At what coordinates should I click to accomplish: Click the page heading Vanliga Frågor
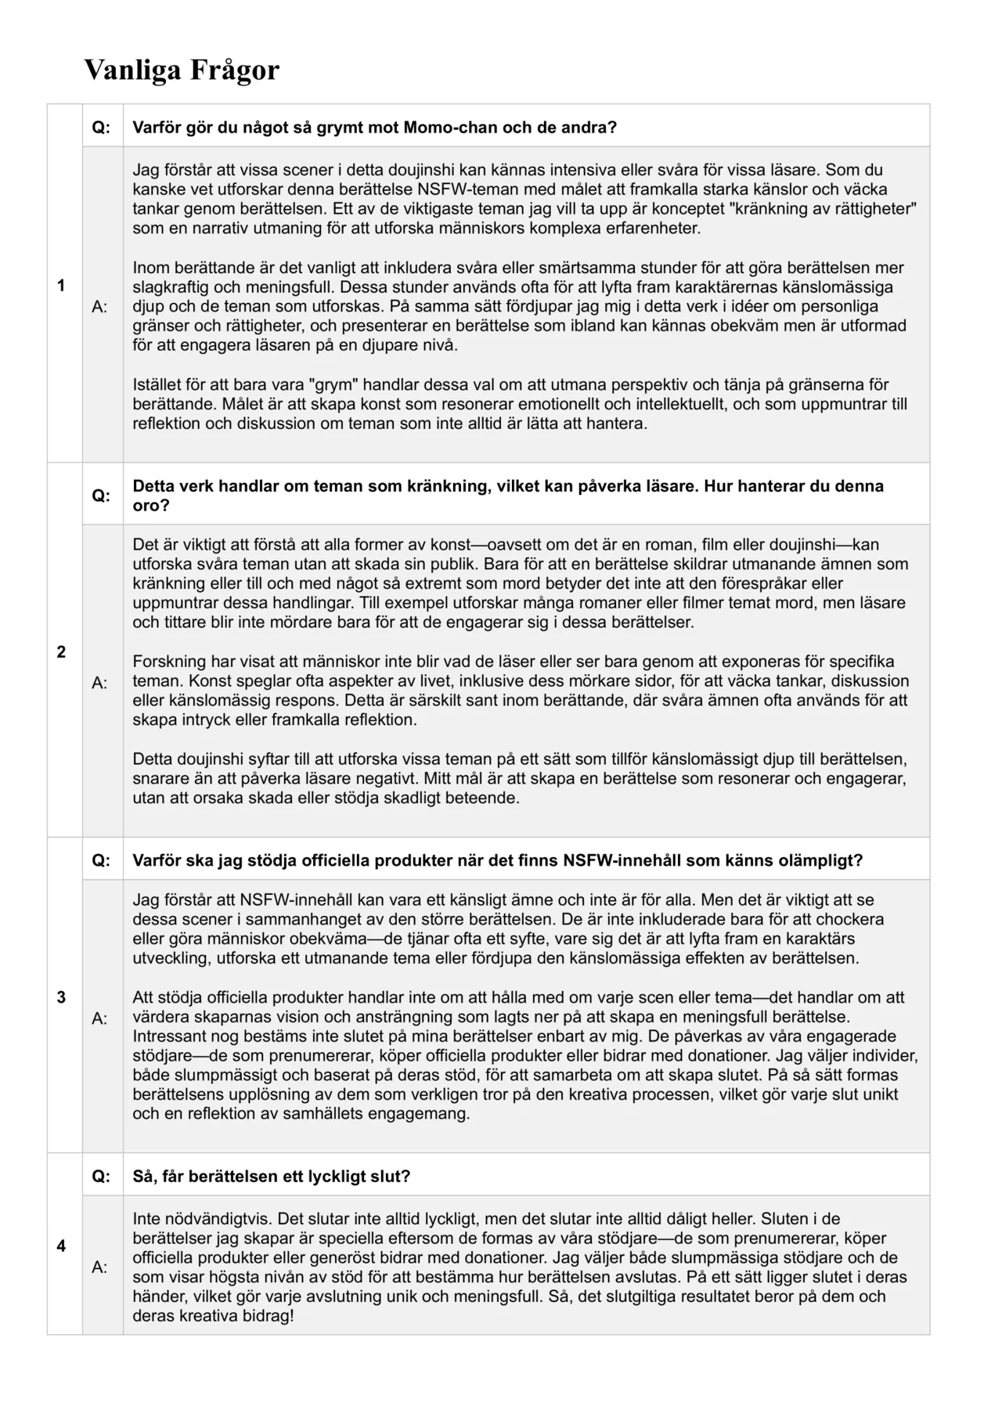pos(182,70)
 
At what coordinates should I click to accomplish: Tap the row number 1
pos(61,286)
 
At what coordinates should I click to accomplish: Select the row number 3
pos(61,997)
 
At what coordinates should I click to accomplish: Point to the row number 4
pos(61,1246)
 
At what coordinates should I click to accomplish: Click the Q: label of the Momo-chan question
pos(102,128)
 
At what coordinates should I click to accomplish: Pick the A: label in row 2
pos(100,683)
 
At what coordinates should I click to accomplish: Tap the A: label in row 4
pos(100,1267)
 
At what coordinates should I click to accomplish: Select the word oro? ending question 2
pos(151,505)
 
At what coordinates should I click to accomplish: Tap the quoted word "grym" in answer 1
pos(334,384)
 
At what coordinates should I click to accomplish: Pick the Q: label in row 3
pos(102,860)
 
